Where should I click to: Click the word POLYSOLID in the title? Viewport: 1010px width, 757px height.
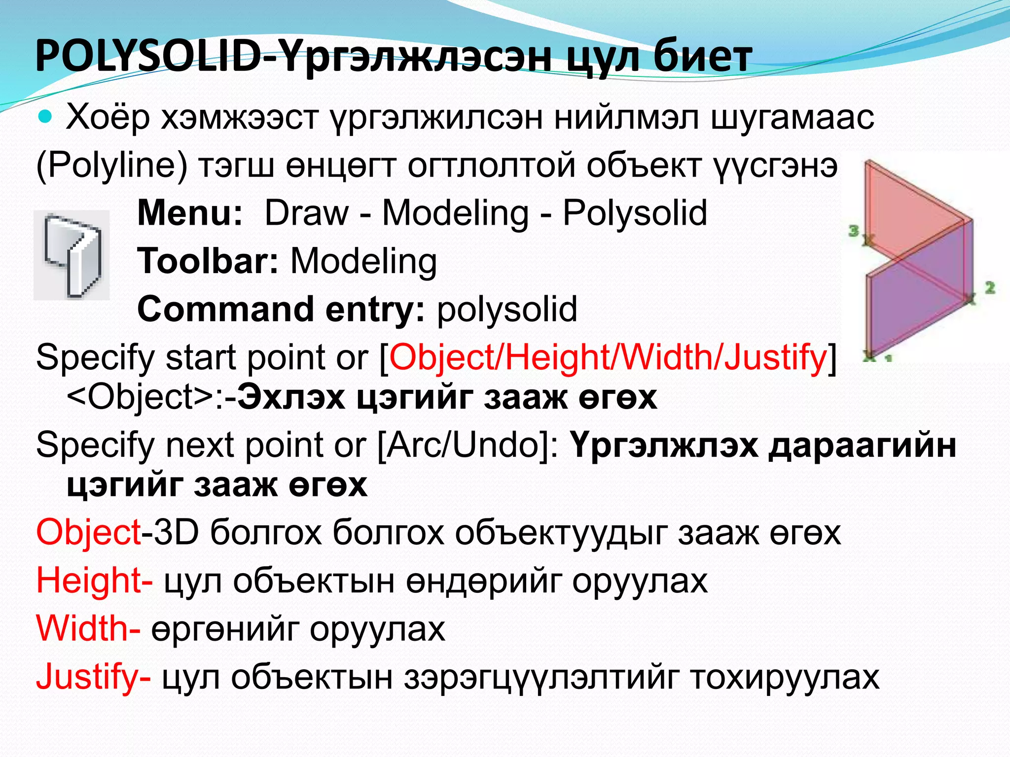148,57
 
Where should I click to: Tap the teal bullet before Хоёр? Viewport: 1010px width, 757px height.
45,117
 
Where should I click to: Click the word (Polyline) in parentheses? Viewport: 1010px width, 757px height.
112,166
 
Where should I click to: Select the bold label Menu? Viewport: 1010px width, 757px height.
190,213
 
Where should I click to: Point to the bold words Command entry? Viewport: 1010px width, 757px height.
281,309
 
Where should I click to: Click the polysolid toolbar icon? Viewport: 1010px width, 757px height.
72,255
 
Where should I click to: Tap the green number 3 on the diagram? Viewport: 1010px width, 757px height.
854,230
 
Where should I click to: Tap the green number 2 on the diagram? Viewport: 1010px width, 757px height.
989,287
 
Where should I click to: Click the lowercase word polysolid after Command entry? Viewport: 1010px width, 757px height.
507,309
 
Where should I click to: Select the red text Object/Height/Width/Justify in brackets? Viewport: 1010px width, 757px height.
608,357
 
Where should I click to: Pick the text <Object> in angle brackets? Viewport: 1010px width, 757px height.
140,397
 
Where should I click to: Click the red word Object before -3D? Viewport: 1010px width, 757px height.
89,533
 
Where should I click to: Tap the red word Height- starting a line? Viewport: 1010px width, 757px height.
94,581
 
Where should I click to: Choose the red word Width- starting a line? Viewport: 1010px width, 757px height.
88,629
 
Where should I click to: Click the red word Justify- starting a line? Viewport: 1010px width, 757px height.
93,677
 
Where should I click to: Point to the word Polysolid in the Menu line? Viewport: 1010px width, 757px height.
635,213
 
